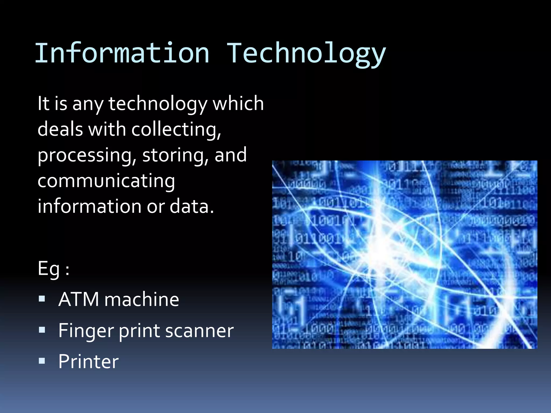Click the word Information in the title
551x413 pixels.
[x=122, y=53]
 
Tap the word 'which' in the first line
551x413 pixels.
[x=238, y=104]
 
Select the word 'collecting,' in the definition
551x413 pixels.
[x=176, y=129]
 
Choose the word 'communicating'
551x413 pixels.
[x=106, y=181]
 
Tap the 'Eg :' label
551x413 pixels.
[x=54, y=269]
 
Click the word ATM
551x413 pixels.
[x=79, y=299]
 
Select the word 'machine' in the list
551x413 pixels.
[x=142, y=299]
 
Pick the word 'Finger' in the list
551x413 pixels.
[x=86, y=331]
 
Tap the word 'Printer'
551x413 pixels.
[x=88, y=361]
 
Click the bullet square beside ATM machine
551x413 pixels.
[x=42, y=299]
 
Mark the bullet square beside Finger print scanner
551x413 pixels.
[x=42, y=330]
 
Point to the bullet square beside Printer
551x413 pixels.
[x=42, y=361]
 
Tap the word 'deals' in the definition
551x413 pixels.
[x=60, y=129]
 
